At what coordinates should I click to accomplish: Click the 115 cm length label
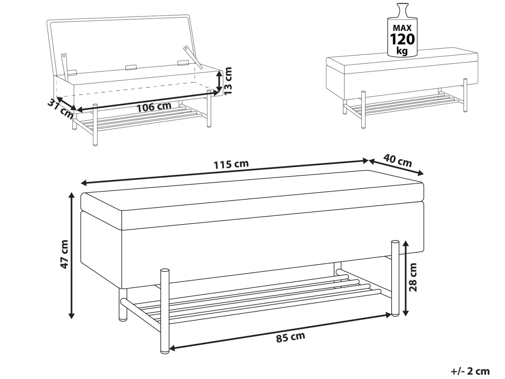click(231, 164)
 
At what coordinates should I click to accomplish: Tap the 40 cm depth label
click(397, 160)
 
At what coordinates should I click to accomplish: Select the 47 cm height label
click(64, 254)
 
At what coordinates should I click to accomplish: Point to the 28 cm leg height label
click(413, 277)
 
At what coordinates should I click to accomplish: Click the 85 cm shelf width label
click(291, 337)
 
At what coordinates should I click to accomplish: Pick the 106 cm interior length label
click(154, 107)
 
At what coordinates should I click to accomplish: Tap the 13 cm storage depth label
click(228, 81)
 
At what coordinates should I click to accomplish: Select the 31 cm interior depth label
click(60, 110)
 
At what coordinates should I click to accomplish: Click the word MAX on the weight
click(402, 28)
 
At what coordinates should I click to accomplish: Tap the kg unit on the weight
click(402, 51)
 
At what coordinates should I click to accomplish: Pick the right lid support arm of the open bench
click(193, 57)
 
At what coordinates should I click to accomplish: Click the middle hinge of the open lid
click(131, 67)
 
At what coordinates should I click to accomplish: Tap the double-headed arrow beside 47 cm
click(71, 255)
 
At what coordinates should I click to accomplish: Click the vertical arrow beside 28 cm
click(405, 278)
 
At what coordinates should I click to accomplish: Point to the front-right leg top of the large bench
click(395, 243)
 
